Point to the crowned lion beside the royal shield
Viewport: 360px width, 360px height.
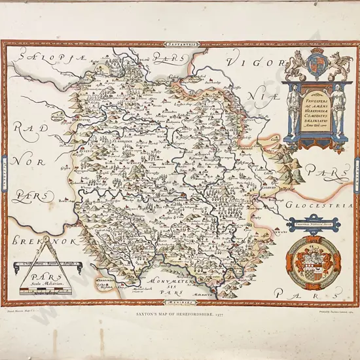(x=298, y=66)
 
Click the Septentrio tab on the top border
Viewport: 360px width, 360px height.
(x=179, y=44)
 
